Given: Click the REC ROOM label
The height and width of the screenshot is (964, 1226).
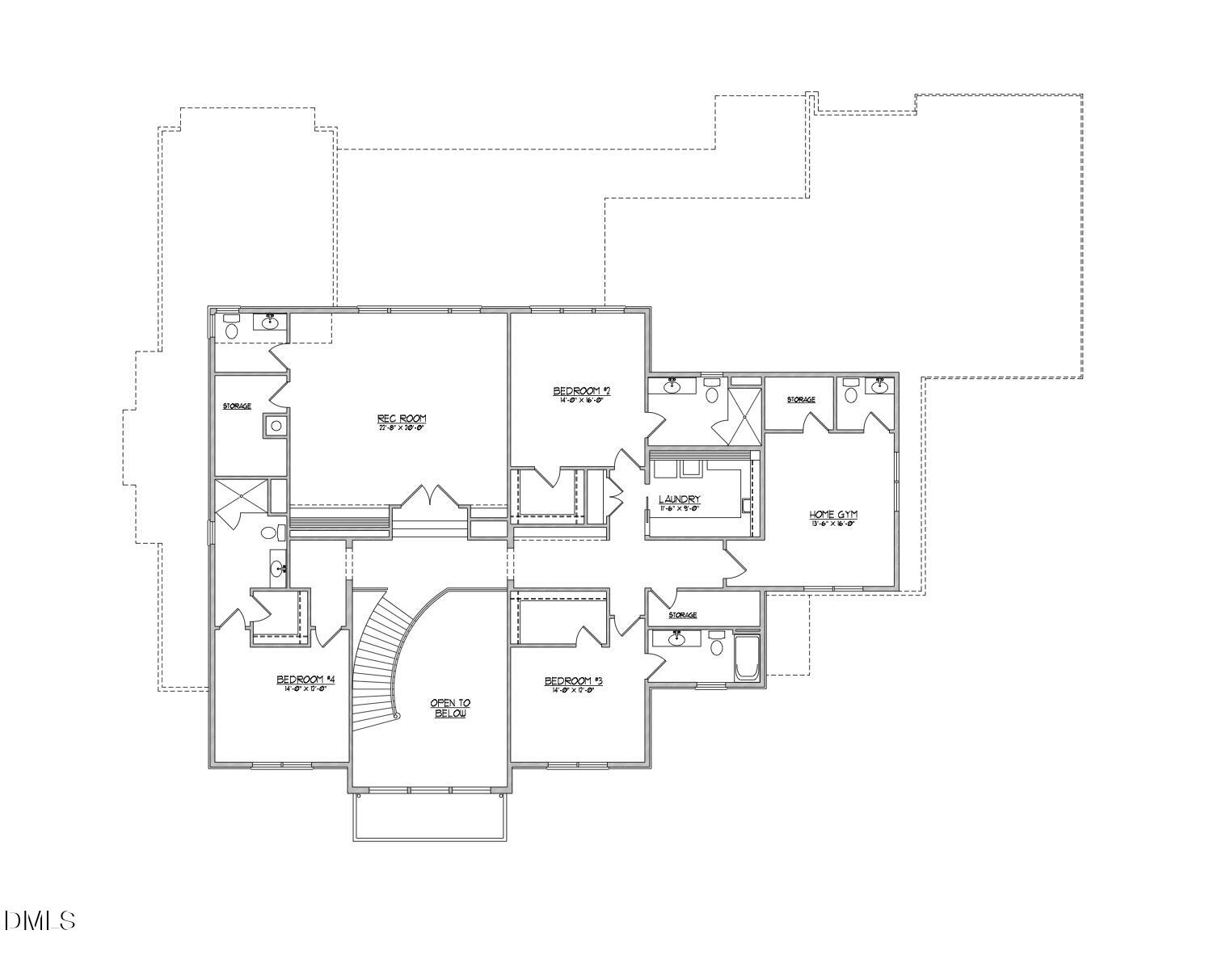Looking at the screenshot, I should tap(401, 418).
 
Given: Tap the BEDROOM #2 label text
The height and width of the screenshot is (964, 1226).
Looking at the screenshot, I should tap(580, 391).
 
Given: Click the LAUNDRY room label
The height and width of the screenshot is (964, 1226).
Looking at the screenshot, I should tap(679, 499).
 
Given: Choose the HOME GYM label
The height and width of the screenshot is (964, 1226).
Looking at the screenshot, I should tap(832, 514).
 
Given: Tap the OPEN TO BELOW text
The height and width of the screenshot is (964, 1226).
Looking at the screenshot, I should tap(450, 709).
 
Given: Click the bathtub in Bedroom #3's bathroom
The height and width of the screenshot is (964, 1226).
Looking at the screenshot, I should tap(746, 658).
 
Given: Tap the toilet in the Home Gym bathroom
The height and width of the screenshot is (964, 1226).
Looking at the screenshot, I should tap(849, 394).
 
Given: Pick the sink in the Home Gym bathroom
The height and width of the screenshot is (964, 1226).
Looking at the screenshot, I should tap(880, 385).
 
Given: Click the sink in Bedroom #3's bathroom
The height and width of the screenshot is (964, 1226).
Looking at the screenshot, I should tap(674, 639).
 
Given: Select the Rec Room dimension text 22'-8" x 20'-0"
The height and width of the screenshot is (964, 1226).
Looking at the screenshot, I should tap(401, 427).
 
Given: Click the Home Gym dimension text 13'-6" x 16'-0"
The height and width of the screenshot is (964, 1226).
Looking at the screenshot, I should tap(832, 524).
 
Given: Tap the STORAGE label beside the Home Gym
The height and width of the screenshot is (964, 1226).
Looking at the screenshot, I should tap(801, 399).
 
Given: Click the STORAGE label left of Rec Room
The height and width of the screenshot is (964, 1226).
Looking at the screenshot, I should tap(237, 406).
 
